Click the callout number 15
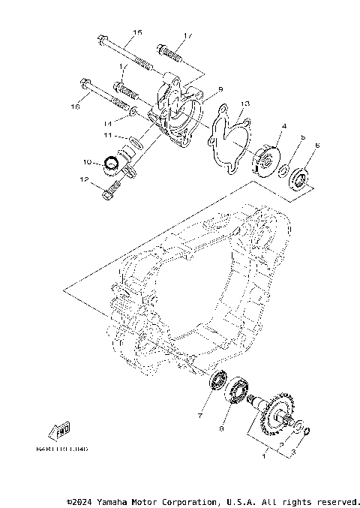pyautogui.click(x=137, y=32)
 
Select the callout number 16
pyautogui.click(x=74, y=107)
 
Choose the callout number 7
pyautogui.click(x=200, y=415)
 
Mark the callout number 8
pyautogui.click(x=221, y=430)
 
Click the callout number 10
pyautogui.click(x=88, y=161)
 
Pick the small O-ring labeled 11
pyautogui.click(x=133, y=139)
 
